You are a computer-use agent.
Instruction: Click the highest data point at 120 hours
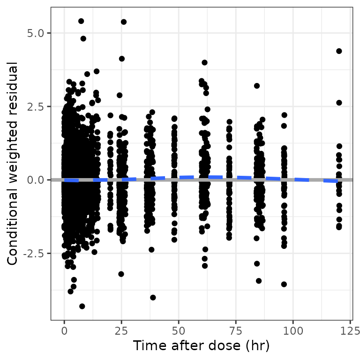tap(339, 51)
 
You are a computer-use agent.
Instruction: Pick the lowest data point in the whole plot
tap(82, 306)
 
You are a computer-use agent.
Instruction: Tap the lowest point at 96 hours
tap(284, 284)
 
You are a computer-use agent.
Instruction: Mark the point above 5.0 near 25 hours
tap(124, 22)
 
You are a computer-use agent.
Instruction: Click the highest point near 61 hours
tap(204, 62)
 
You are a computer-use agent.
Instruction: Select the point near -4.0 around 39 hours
tap(153, 297)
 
